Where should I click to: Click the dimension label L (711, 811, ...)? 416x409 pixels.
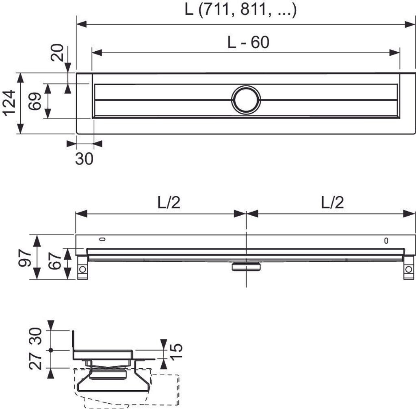click(x=240, y=10)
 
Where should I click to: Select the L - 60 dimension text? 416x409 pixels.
click(x=248, y=42)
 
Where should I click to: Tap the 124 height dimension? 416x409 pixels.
click(x=10, y=103)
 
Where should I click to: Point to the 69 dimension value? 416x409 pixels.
click(x=35, y=101)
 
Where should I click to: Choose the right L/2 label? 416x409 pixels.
click(x=332, y=202)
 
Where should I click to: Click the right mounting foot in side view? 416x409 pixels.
click(x=408, y=270)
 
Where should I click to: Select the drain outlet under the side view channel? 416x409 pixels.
click(x=246, y=266)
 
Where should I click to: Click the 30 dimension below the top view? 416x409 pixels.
click(x=84, y=158)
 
